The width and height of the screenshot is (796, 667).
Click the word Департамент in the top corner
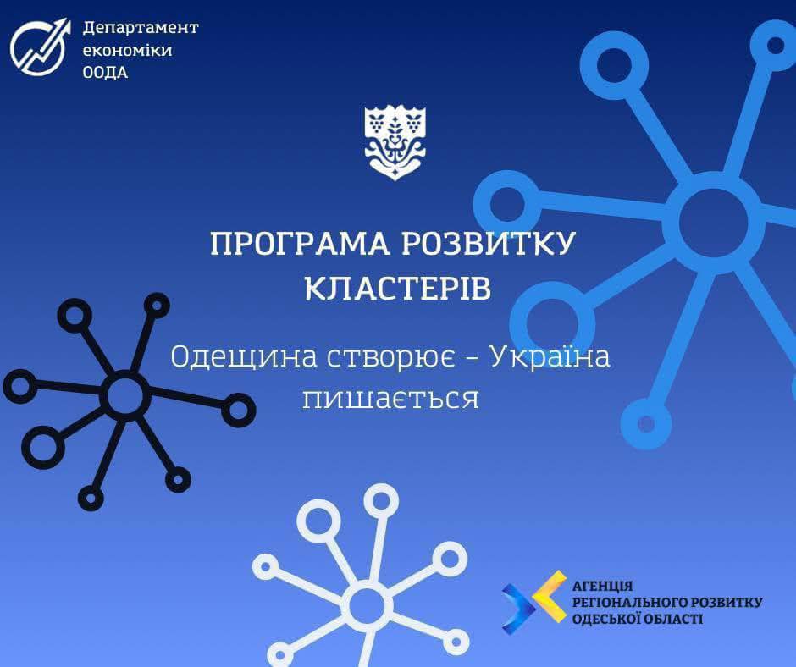(x=141, y=28)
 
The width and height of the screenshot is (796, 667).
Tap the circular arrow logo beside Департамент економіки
(x=39, y=47)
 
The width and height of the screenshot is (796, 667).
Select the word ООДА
(x=105, y=73)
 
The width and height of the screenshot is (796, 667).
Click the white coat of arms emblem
(x=395, y=143)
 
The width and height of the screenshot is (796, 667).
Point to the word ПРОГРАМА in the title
(x=300, y=244)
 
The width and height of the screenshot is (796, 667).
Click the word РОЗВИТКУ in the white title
(x=489, y=244)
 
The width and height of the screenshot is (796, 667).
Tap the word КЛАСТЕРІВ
(x=398, y=289)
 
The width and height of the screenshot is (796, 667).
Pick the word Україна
(x=550, y=356)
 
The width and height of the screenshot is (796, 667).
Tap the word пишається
(x=391, y=399)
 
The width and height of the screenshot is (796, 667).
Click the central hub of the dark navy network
(x=125, y=395)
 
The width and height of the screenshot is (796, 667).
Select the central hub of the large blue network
(x=713, y=220)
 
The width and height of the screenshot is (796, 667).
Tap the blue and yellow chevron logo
(x=534, y=602)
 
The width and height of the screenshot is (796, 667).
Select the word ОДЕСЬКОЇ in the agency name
(x=603, y=619)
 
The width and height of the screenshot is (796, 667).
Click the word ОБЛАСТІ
(x=670, y=620)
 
